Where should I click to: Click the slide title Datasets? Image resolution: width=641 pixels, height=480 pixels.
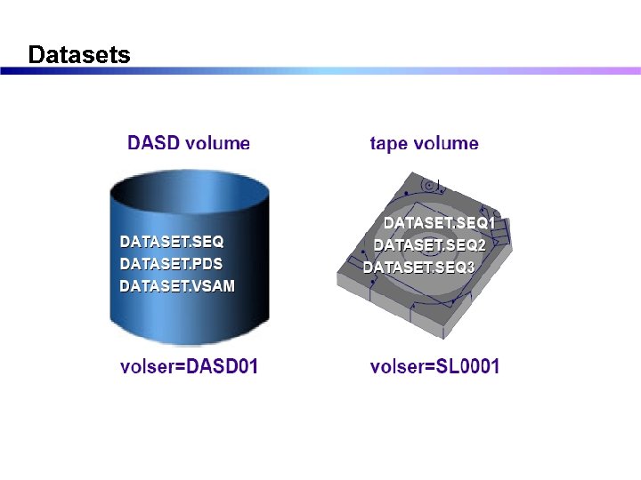pyautogui.click(x=79, y=55)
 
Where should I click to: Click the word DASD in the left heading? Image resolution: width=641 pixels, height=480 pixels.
pyautogui.click(x=154, y=143)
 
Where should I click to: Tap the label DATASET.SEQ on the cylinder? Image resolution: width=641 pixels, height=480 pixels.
pyautogui.click(x=172, y=242)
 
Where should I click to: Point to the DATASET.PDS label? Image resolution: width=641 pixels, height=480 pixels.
pyautogui.click(x=171, y=264)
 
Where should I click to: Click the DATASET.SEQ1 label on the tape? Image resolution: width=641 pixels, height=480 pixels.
pyautogui.click(x=439, y=223)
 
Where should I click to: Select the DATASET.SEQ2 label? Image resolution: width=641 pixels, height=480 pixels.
pyautogui.click(x=429, y=244)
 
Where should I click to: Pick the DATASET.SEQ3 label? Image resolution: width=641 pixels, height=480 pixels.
pyautogui.click(x=418, y=267)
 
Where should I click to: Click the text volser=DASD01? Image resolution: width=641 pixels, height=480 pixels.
pyautogui.click(x=189, y=366)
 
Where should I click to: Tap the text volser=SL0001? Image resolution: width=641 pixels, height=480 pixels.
pyautogui.click(x=434, y=366)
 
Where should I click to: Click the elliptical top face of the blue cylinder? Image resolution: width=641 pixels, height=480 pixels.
pyautogui.click(x=188, y=192)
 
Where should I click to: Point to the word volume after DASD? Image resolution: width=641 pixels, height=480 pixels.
pyautogui.click(x=217, y=143)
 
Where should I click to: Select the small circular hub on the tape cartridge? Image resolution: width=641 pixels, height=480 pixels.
pyautogui.click(x=430, y=186)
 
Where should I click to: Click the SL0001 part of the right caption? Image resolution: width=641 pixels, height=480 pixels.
pyautogui.click(x=467, y=366)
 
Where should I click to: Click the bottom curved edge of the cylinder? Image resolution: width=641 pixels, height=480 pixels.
pyautogui.click(x=188, y=343)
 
